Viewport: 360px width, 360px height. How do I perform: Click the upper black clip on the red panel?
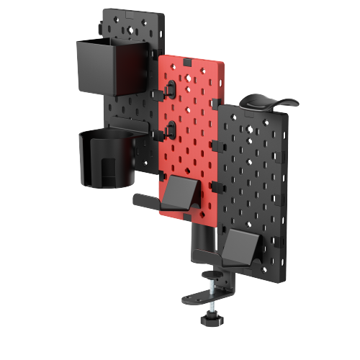[171, 88]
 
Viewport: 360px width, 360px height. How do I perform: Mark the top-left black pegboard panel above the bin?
[130, 25]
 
